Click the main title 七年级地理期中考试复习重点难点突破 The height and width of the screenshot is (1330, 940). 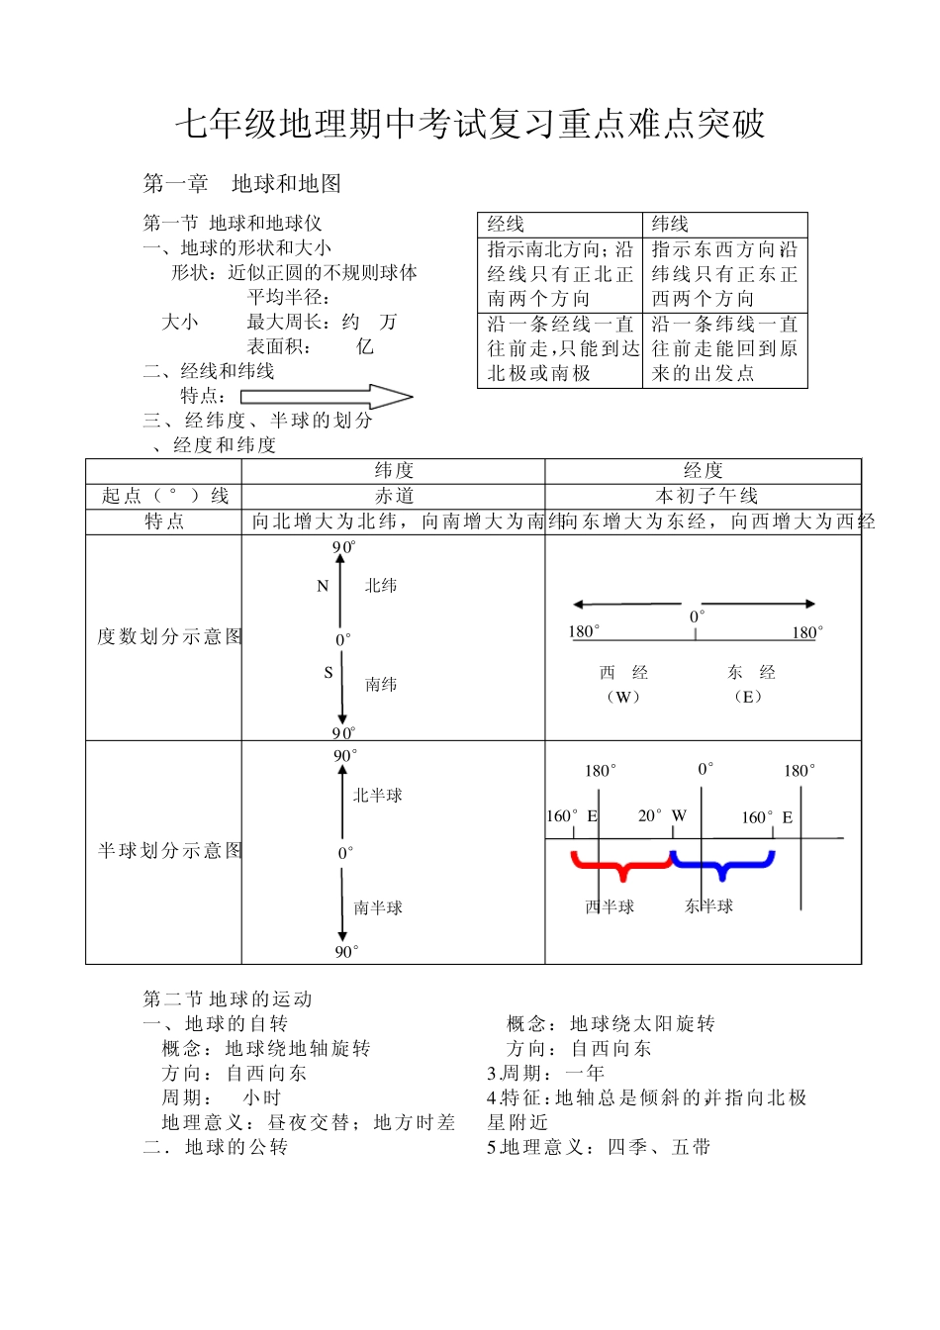(x=470, y=124)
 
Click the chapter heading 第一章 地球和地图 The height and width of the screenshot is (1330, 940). (x=242, y=183)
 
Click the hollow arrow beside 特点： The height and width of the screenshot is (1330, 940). (x=327, y=397)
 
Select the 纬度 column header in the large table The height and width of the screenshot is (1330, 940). (x=394, y=471)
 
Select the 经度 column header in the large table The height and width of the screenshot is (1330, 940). (x=703, y=471)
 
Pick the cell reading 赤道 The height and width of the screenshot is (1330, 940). (x=394, y=496)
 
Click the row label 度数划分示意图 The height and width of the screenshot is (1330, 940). (x=168, y=636)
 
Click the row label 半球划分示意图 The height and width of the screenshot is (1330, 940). (x=169, y=850)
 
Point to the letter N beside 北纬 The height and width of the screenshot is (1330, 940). (x=323, y=586)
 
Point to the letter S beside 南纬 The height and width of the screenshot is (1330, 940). (x=329, y=673)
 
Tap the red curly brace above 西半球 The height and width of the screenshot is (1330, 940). (x=621, y=865)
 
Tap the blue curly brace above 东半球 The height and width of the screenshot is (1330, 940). (x=721, y=865)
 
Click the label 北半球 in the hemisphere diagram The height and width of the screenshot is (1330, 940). (x=377, y=795)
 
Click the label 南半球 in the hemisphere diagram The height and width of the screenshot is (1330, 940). (x=378, y=907)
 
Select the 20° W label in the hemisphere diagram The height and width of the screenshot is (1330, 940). (x=662, y=816)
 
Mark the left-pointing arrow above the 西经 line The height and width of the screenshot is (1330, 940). (x=626, y=604)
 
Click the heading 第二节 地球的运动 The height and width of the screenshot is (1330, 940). (x=228, y=999)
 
